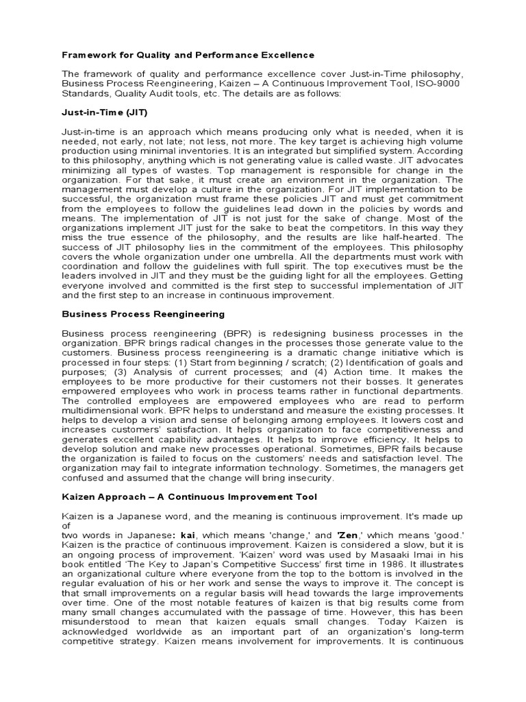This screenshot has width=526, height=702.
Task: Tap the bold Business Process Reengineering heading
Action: (143, 314)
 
